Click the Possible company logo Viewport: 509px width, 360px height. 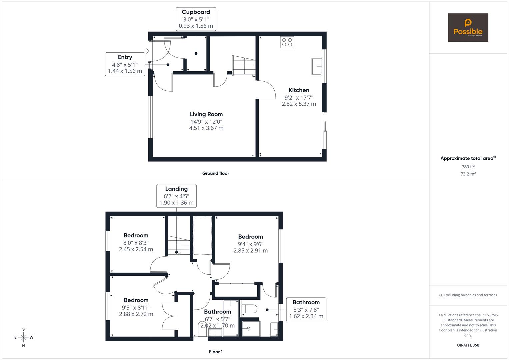[468, 27]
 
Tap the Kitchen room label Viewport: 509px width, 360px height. [299, 90]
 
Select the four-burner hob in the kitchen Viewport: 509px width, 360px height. [287, 42]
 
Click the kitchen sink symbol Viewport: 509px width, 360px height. [317, 67]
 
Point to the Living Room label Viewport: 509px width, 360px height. [206, 114]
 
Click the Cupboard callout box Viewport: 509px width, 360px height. [196, 19]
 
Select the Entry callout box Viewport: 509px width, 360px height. [125, 64]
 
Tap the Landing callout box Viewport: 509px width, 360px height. [177, 196]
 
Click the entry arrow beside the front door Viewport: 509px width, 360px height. [147, 51]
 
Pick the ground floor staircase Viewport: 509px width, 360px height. [244, 65]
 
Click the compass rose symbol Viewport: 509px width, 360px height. [23, 337]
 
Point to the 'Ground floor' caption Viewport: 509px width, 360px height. [216, 173]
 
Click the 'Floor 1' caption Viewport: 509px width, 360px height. [216, 352]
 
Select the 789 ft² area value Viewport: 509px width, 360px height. [468, 167]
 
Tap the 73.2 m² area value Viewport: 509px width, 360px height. [468, 174]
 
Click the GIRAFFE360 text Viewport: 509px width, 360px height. [468, 345]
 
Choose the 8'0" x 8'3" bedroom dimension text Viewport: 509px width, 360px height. [136, 243]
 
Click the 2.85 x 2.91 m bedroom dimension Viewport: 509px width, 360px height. [251, 251]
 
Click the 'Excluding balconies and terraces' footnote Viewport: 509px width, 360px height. [468, 295]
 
